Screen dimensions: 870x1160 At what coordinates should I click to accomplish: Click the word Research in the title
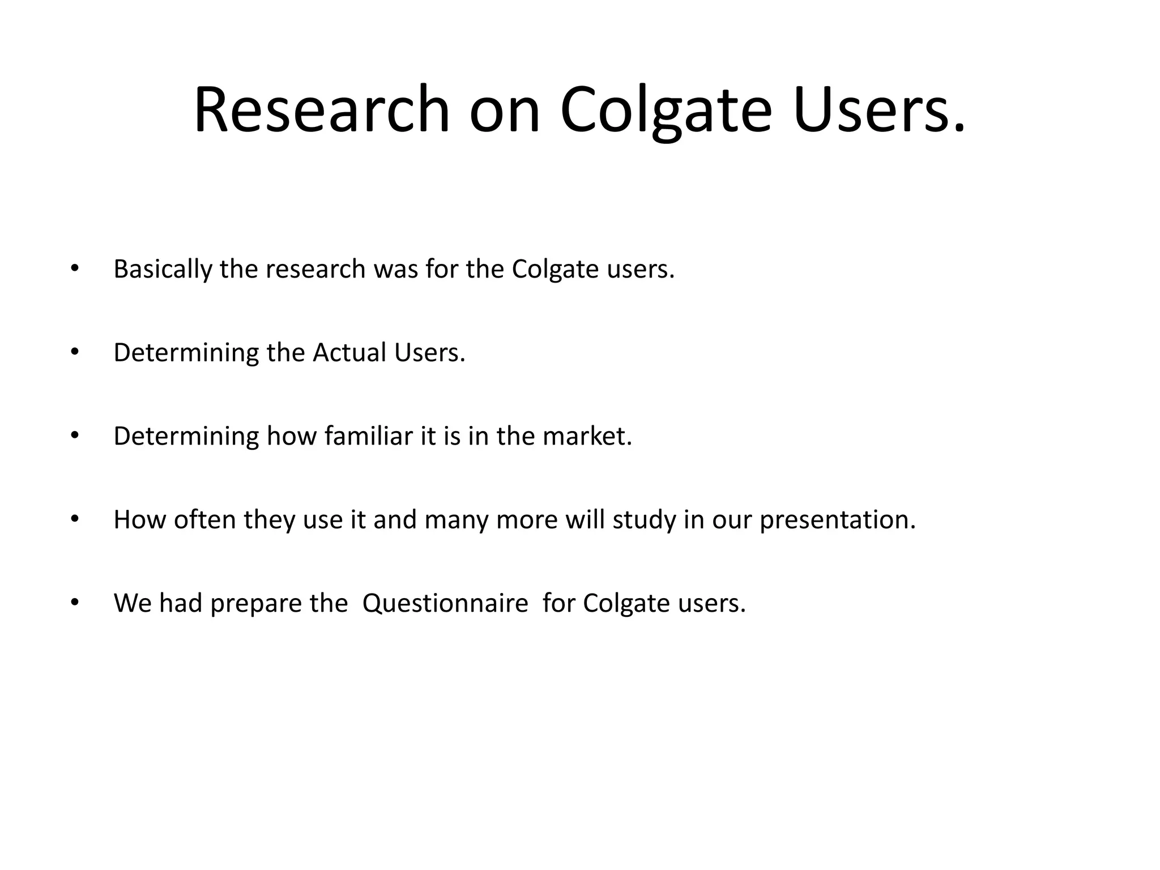[x=322, y=109]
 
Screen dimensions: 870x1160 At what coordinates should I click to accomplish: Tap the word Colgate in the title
[x=666, y=109]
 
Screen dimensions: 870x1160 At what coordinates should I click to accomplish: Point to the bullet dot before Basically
[x=74, y=268]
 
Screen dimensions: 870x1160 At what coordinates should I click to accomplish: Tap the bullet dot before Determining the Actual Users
[x=74, y=352]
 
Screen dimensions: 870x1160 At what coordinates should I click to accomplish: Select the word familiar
[x=369, y=436]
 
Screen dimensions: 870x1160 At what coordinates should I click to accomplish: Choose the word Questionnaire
[x=445, y=603]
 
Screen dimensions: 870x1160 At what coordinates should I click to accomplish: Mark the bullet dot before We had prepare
[x=74, y=603]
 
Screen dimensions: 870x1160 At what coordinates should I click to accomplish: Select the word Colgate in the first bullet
[x=555, y=270]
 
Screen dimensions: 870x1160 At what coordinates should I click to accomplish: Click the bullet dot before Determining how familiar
[x=74, y=436]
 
